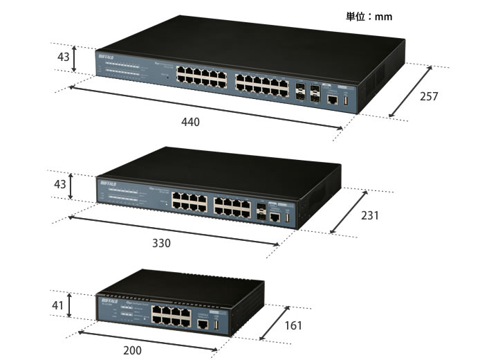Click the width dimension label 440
(x=190, y=123)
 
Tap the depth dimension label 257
(x=429, y=97)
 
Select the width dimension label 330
(x=160, y=244)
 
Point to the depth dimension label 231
(x=370, y=215)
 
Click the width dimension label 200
(x=131, y=350)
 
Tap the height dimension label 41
(x=59, y=305)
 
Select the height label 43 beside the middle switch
(x=60, y=185)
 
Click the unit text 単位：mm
(x=369, y=16)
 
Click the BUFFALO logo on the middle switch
(x=111, y=183)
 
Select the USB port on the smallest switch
(x=215, y=326)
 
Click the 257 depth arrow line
(x=412, y=91)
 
